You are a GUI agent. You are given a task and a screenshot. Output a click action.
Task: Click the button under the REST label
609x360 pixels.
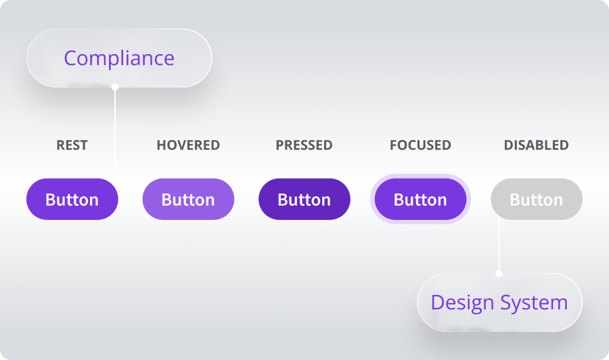tap(72, 200)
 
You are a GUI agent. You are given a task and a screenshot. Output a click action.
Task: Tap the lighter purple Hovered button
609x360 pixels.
tap(188, 200)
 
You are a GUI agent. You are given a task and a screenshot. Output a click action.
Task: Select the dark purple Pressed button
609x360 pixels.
tap(304, 200)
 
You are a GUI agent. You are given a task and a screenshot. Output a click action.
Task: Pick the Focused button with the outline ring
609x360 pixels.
tap(420, 200)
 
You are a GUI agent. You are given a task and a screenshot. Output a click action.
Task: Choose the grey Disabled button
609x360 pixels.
tap(537, 200)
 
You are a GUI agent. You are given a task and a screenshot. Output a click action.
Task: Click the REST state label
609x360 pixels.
tap(72, 145)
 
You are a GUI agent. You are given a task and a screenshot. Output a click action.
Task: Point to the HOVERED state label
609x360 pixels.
tap(188, 145)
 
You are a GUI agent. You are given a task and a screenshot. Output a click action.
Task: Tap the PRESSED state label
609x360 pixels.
tap(304, 145)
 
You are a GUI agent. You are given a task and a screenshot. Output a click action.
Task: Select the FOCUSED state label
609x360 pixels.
tap(420, 145)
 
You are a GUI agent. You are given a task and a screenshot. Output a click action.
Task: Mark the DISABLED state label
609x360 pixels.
tap(536, 145)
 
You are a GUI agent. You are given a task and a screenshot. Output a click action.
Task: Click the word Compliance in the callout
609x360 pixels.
tap(119, 58)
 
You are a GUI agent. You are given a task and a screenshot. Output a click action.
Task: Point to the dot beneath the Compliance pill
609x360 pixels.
tap(115, 87)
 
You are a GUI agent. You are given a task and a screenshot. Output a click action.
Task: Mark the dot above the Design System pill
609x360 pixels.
tap(499, 273)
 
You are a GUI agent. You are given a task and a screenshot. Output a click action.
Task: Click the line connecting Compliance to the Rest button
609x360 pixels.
tap(115, 129)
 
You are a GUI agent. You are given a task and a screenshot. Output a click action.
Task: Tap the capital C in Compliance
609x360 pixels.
tap(70, 58)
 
